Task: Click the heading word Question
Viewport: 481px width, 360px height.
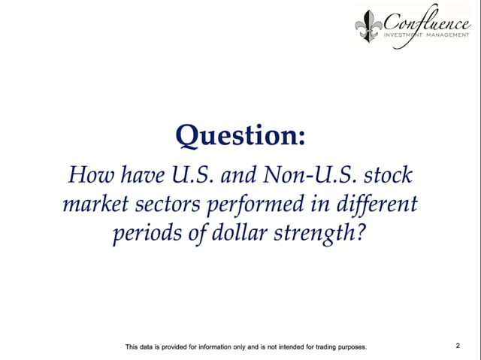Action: (x=236, y=136)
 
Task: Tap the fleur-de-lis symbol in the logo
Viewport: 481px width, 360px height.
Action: (x=368, y=26)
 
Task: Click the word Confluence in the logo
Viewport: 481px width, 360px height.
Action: (x=426, y=23)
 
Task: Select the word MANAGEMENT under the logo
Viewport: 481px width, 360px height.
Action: (x=448, y=35)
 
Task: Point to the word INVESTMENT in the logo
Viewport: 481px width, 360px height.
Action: (x=404, y=35)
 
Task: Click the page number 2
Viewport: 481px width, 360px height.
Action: (x=458, y=346)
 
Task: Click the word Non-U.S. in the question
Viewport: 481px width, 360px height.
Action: (x=310, y=175)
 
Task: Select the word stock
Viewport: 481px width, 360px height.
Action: (x=388, y=175)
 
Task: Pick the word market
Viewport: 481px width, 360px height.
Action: (x=95, y=204)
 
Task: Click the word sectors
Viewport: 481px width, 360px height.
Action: (x=168, y=204)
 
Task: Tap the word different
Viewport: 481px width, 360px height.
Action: (x=377, y=204)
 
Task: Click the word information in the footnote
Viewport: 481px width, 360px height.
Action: (x=215, y=347)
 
